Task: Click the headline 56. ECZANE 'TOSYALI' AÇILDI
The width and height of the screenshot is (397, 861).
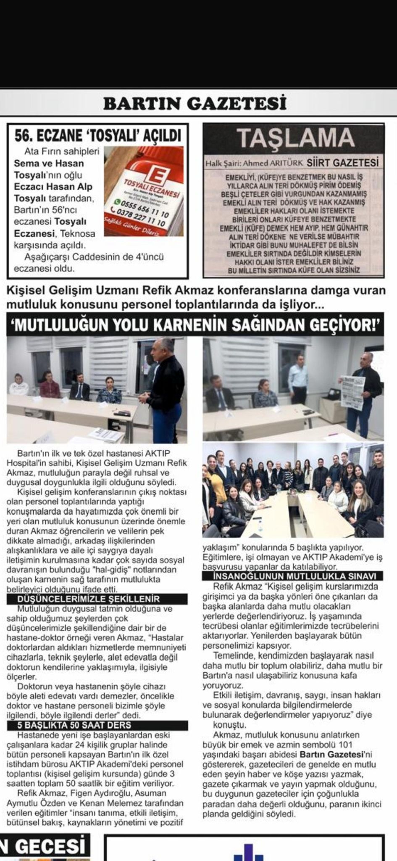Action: click(98, 135)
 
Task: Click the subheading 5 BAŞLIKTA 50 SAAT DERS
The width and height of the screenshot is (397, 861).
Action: click(75, 725)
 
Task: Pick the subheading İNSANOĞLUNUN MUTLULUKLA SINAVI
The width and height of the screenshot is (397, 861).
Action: click(289, 576)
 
